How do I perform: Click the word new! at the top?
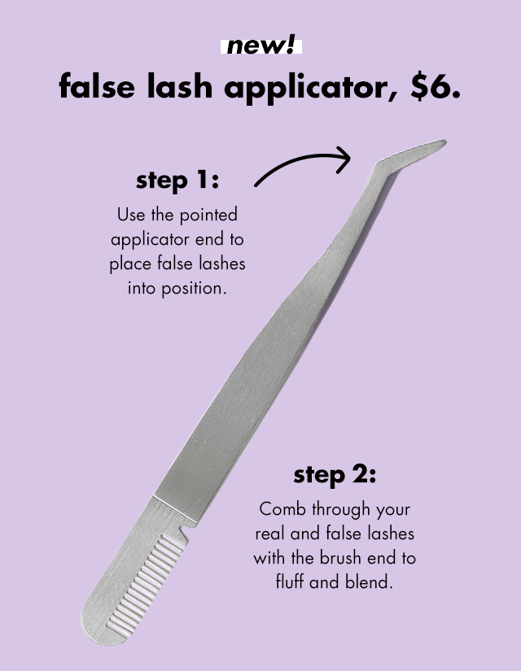click(260, 46)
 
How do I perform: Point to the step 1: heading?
click(177, 181)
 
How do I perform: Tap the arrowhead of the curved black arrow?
click(344, 157)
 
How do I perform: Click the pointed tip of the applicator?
click(442, 143)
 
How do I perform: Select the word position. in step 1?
click(188, 288)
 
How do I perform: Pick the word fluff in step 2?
click(294, 582)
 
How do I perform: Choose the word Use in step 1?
click(130, 216)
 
